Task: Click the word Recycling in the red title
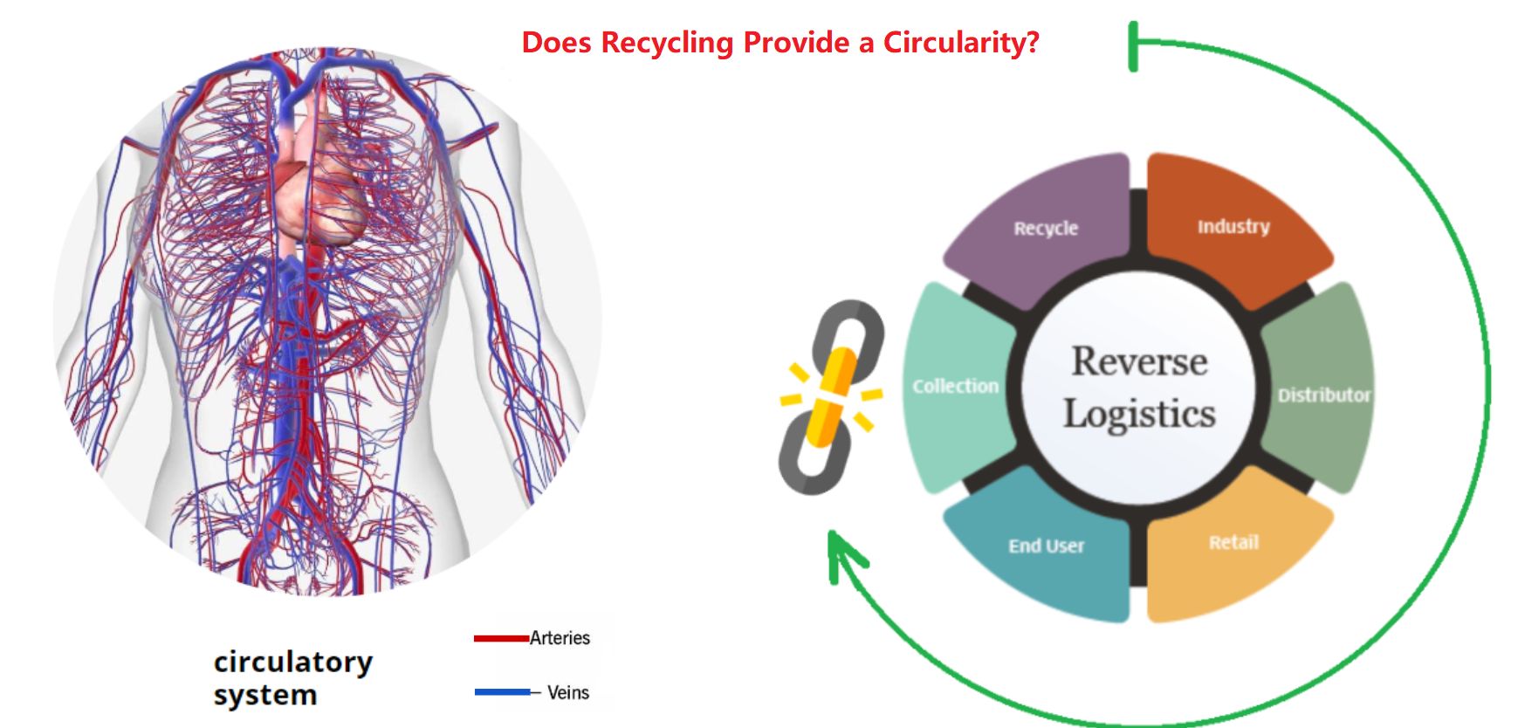tap(667, 43)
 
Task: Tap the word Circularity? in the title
tap(961, 42)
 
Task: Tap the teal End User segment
tap(1044, 545)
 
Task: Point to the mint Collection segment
tap(957, 388)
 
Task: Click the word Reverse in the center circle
tap(1139, 361)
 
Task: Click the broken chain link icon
tap(830, 397)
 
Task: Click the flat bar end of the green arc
tap(1133, 46)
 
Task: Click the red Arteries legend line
tap(501, 638)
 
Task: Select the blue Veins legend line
tap(502, 692)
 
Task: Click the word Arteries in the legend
tap(560, 638)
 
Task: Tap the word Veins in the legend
tap(568, 692)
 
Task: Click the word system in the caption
tap(265, 696)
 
